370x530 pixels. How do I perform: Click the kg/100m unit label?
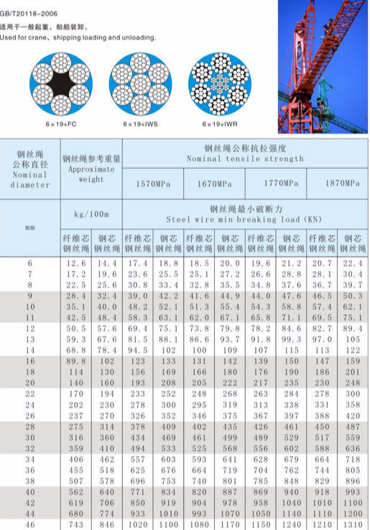(x=91, y=214)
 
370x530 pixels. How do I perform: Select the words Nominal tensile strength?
(x=245, y=158)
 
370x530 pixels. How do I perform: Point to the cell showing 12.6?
(x=75, y=264)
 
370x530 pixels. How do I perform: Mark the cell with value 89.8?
(x=75, y=360)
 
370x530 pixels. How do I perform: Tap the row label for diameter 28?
(x=29, y=426)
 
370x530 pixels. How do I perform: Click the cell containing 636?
(x=353, y=447)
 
